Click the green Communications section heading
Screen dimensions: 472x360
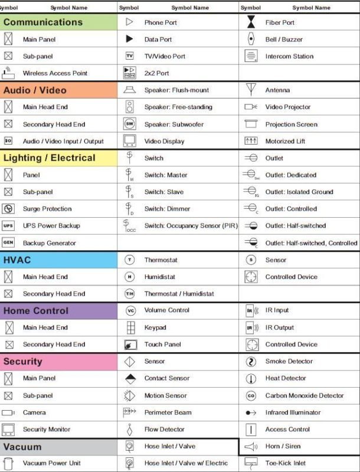pyautogui.click(x=58, y=22)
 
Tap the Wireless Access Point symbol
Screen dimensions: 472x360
pyautogui.click(x=8, y=73)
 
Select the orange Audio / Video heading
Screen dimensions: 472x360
pyautogui.click(x=58, y=90)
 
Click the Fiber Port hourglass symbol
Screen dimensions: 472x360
pyautogui.click(x=251, y=22)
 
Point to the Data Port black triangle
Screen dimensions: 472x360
pyautogui.click(x=129, y=40)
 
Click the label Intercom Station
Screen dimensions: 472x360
pyautogui.click(x=289, y=57)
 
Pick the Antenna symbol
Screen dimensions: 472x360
pyautogui.click(x=251, y=90)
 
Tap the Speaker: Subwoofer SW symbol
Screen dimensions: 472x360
pyautogui.click(x=130, y=124)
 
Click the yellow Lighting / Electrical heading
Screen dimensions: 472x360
pyautogui.click(x=58, y=158)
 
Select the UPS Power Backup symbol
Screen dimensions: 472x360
pyautogui.click(x=8, y=226)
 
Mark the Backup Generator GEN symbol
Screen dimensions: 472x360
pyautogui.click(x=8, y=243)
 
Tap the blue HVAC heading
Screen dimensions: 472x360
pyautogui.click(x=58, y=260)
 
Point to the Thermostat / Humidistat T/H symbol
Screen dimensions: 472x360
pyautogui.click(x=130, y=294)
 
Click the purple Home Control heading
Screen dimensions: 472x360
pyautogui.click(x=58, y=311)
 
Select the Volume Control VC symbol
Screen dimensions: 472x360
pyautogui.click(x=130, y=310)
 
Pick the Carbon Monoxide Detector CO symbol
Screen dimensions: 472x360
pyautogui.click(x=251, y=396)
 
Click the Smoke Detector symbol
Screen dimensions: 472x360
pyautogui.click(x=251, y=362)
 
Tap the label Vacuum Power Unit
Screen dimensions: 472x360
pyautogui.click(x=52, y=463)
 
